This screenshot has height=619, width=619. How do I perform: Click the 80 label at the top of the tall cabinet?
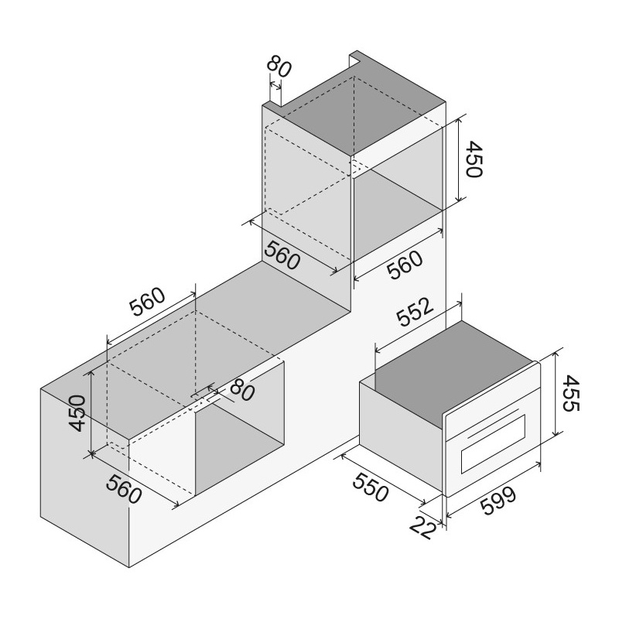[x=279, y=68]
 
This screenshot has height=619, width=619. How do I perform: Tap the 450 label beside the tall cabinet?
[x=474, y=159]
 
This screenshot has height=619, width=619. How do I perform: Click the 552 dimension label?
[x=415, y=312]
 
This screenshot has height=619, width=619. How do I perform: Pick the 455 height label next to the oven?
[x=570, y=394]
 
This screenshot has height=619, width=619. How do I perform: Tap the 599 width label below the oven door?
[x=498, y=501]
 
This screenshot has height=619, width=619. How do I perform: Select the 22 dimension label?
[x=422, y=527]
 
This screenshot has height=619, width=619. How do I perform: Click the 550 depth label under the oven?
[x=371, y=487]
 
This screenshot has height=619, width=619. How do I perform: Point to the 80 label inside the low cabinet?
[x=242, y=390]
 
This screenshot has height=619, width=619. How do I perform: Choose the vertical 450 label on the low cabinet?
[x=77, y=413]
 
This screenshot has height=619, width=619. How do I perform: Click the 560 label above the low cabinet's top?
[x=147, y=301]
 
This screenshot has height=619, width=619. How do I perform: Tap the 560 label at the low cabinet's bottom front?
[x=124, y=490]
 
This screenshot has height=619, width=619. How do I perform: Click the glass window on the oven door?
[x=494, y=443]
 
